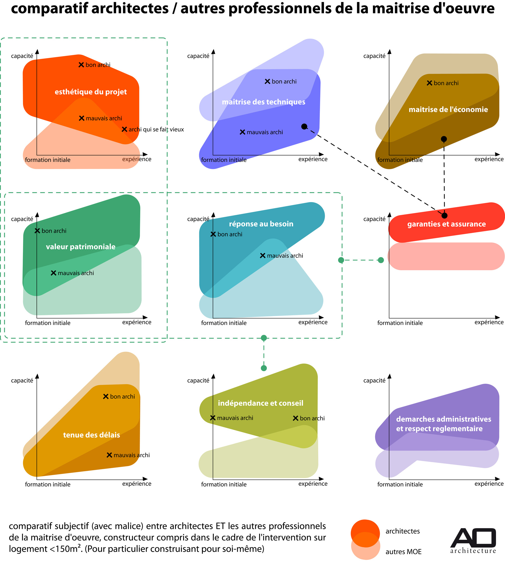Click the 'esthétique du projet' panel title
(x=91, y=92)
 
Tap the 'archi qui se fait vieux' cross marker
(x=124, y=129)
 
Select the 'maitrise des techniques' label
(x=263, y=102)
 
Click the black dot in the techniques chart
(x=304, y=127)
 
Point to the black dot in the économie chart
(x=444, y=139)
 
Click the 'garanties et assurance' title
(x=446, y=224)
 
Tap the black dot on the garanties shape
(x=444, y=216)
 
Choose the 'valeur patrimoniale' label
(x=81, y=247)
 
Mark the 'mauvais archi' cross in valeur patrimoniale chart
(x=53, y=273)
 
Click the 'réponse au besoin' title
(x=261, y=224)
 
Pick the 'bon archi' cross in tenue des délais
(x=106, y=397)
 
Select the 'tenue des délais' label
(x=91, y=435)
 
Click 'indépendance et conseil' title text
(x=260, y=403)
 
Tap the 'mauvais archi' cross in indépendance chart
(x=213, y=418)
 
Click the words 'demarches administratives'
(x=444, y=419)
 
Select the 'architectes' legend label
(x=403, y=531)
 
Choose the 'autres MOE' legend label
(x=403, y=552)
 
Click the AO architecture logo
(x=473, y=541)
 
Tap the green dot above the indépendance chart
(x=264, y=368)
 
